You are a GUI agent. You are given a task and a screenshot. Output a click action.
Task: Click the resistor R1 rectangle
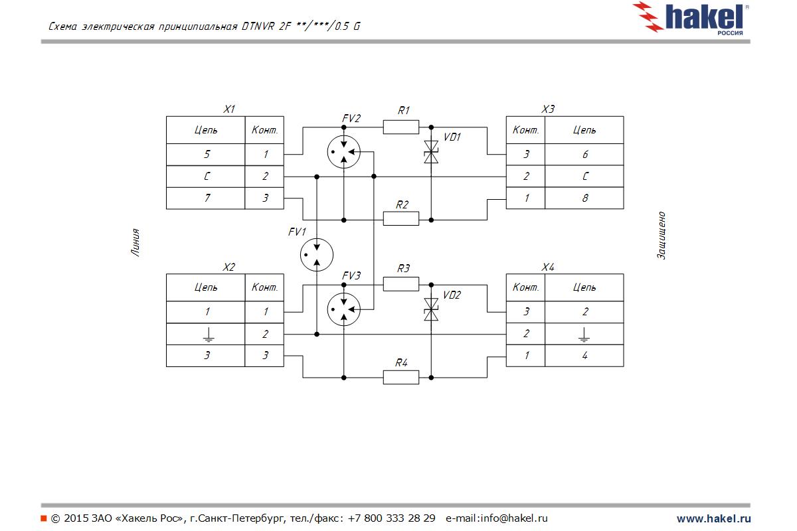tap(401, 126)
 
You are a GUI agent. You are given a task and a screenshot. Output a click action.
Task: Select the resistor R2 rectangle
tap(401, 219)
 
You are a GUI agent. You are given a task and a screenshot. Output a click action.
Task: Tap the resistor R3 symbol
tap(401, 284)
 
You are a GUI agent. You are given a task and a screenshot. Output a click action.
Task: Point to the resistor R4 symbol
tap(401, 378)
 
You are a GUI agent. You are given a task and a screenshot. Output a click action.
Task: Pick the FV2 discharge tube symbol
tap(344, 152)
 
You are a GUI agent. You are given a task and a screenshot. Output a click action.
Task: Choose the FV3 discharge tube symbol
tap(344, 309)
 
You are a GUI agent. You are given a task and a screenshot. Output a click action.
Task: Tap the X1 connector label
tap(229, 109)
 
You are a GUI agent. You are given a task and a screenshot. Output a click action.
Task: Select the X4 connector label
tap(548, 267)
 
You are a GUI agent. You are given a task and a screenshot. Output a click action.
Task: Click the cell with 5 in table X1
tap(207, 155)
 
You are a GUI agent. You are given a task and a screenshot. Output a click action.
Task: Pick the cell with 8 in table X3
tap(584, 198)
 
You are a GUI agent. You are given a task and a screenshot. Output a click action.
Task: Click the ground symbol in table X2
tap(207, 334)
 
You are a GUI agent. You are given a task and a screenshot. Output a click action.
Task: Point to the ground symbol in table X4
tap(584, 333)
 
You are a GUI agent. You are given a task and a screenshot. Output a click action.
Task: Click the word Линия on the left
tap(135, 242)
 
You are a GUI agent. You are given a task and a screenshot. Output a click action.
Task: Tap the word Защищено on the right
tap(662, 236)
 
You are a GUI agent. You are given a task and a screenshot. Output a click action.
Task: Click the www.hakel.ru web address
tap(713, 518)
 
